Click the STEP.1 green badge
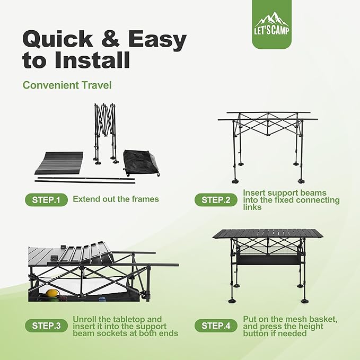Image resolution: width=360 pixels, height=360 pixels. click(46, 200)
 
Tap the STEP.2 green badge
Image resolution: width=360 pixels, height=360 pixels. click(215, 200)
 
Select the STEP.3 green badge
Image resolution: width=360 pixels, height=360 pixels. click(46, 326)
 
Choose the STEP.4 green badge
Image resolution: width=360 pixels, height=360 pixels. click(215, 326)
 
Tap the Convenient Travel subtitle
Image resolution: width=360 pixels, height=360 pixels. click(67, 85)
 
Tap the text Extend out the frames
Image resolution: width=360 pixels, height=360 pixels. click(116, 199)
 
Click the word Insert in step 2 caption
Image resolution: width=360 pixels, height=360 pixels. click(254, 192)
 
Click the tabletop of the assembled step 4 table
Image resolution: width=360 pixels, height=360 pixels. click(268, 234)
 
